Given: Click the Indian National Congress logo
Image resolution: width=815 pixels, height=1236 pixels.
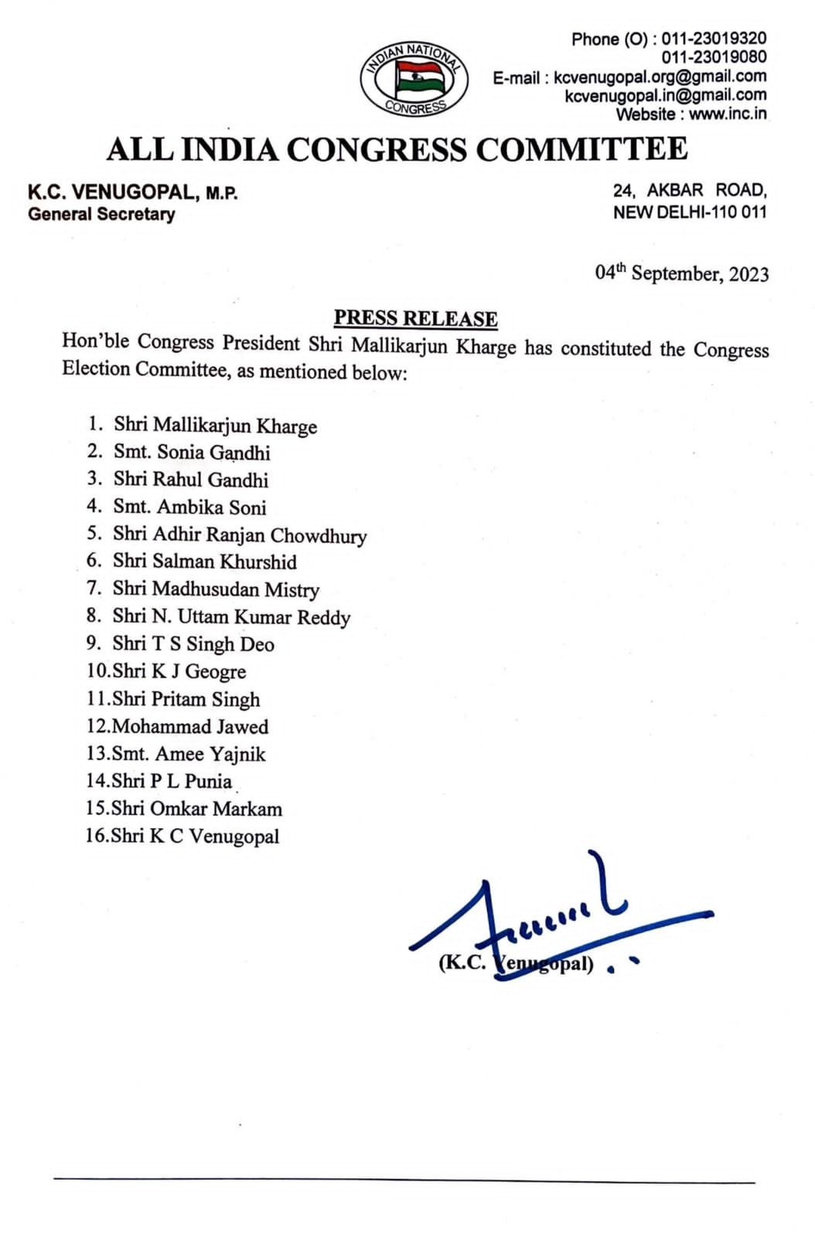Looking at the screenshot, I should [414, 79].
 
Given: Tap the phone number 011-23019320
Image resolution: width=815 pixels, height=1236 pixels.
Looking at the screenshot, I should [714, 39].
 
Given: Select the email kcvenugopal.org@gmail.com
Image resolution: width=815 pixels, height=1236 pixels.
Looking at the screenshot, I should [660, 76].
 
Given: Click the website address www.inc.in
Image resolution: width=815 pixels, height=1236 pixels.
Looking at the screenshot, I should [728, 114].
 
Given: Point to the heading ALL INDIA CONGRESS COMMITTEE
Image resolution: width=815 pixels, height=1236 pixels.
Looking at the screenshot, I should [397, 149].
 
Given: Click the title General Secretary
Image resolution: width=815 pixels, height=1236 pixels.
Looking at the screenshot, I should [101, 215].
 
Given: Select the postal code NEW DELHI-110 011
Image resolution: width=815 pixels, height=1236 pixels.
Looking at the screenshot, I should [690, 212].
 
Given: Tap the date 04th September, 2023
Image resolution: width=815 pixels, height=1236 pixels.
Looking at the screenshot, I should [681, 273].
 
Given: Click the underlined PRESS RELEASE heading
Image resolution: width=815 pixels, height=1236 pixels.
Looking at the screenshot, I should [415, 318].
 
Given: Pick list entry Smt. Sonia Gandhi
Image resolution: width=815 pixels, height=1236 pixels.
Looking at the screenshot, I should [192, 453].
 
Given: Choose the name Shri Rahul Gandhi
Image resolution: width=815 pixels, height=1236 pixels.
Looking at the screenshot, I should [191, 480].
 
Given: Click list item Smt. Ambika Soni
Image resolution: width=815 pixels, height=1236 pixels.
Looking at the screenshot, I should [189, 508].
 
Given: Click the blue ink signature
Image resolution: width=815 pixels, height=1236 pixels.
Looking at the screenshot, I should [541, 919].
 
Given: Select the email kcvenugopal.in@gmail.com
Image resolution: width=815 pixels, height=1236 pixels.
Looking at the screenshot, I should [666, 96].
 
